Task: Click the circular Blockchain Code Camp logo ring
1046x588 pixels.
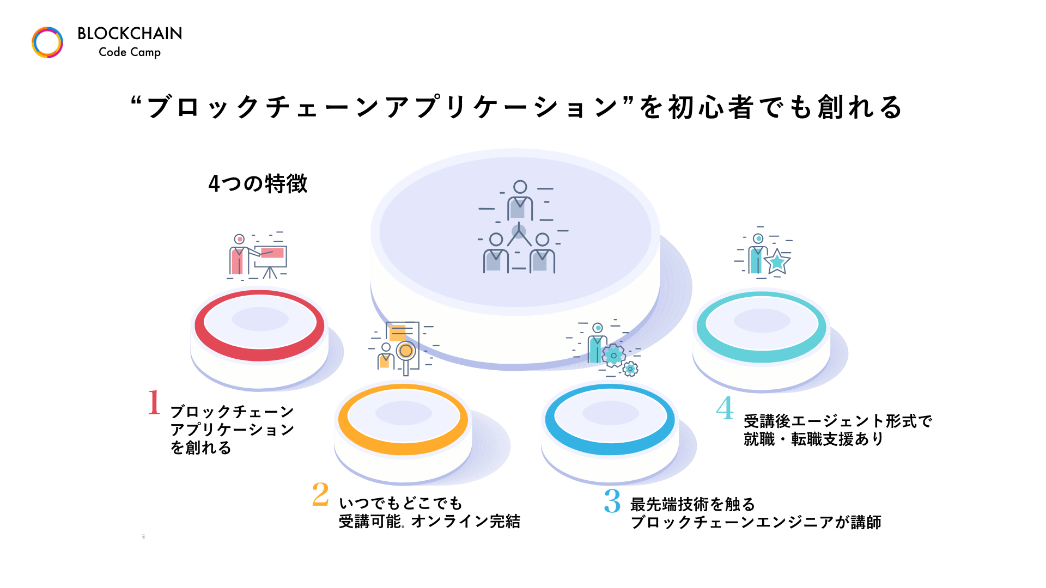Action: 47,42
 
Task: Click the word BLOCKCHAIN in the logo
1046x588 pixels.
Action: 130,34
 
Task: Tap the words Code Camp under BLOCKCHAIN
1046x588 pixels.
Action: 130,52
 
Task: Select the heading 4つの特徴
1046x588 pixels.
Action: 258,184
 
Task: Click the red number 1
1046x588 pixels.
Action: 154,402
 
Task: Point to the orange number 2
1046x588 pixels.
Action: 320,494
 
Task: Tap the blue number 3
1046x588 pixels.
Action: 612,501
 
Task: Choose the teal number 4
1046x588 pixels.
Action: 725,408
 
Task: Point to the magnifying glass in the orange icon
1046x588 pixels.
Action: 405,352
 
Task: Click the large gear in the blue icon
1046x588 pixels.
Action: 613,356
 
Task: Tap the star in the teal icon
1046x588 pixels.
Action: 777,262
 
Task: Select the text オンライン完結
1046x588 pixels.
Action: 466,522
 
